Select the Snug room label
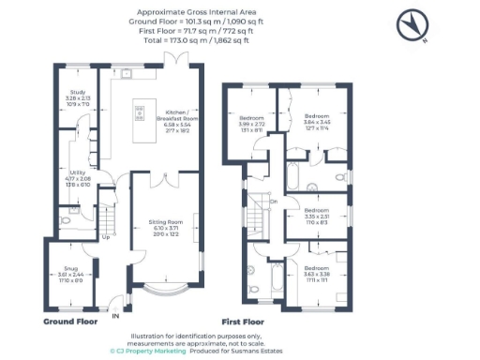[x=69, y=275]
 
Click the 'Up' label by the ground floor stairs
[x=105, y=237]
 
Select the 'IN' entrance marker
[x=116, y=316]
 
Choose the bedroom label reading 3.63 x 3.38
[x=317, y=274]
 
